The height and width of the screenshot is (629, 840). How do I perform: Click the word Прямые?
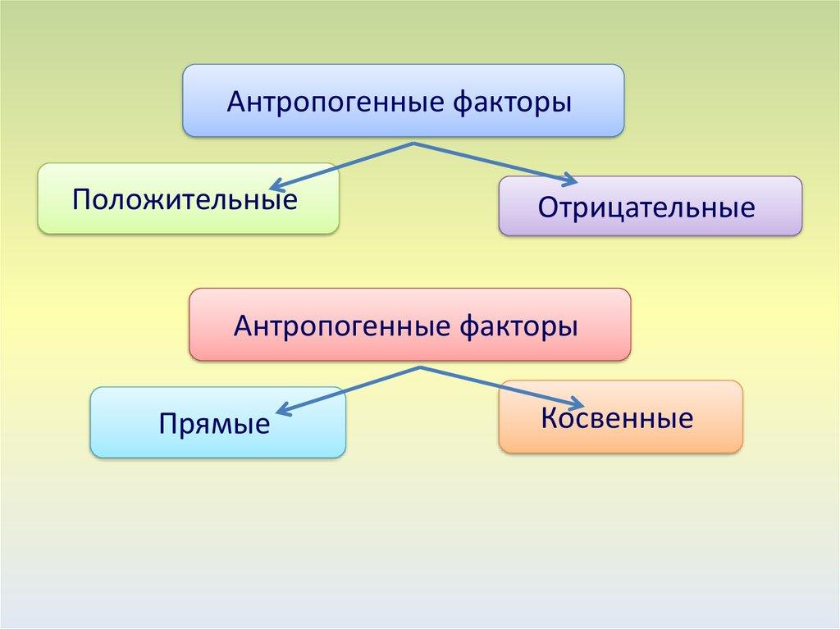tap(215, 425)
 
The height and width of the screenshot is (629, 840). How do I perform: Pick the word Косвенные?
tap(617, 419)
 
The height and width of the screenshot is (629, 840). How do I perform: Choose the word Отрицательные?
tap(646, 207)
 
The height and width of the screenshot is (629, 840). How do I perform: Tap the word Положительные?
tap(185, 198)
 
